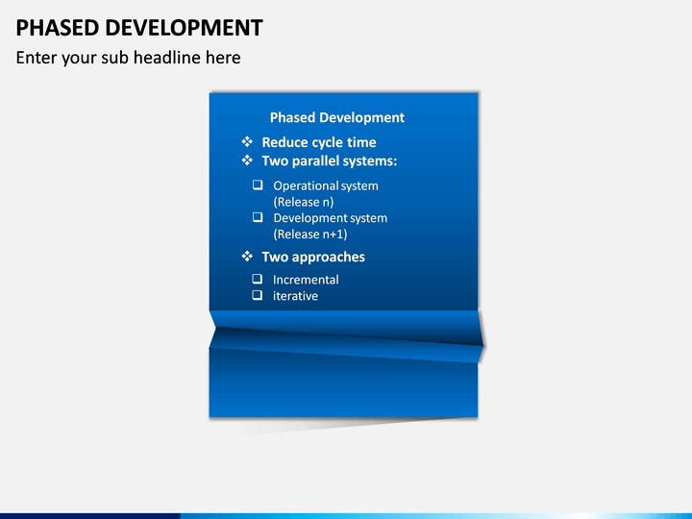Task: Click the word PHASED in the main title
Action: [58, 28]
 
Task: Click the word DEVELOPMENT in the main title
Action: [184, 28]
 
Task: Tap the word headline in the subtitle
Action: [167, 58]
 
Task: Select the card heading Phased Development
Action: [337, 117]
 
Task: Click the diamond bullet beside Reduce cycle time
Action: [247, 141]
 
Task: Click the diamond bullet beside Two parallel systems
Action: [247, 161]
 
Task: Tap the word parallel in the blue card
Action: [315, 161]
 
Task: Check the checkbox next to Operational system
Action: [258, 185]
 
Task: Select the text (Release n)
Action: [304, 202]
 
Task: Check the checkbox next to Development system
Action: [258, 217]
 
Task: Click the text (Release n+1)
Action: [310, 235]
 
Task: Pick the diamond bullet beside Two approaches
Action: [247, 256]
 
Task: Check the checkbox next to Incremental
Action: [257, 279]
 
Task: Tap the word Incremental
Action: [306, 280]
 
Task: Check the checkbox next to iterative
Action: [257, 295]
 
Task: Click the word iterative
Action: [295, 296]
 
